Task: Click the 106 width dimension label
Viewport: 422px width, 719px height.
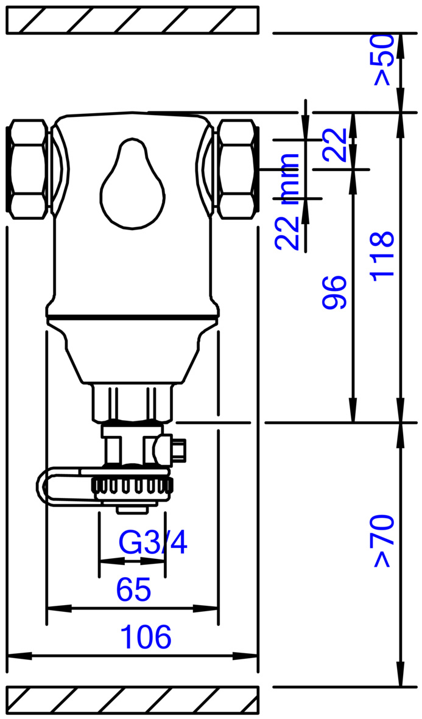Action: (x=146, y=636)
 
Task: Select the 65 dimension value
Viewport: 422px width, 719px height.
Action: (x=133, y=589)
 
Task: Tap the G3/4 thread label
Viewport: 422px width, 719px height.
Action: (x=153, y=543)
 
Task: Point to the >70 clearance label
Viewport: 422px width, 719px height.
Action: (x=384, y=541)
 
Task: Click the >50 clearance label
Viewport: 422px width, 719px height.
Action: (x=384, y=60)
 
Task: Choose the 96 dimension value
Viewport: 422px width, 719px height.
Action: (x=334, y=293)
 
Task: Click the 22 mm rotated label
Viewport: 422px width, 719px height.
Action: (x=287, y=202)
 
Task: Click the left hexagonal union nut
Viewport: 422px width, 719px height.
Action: (x=28, y=169)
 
